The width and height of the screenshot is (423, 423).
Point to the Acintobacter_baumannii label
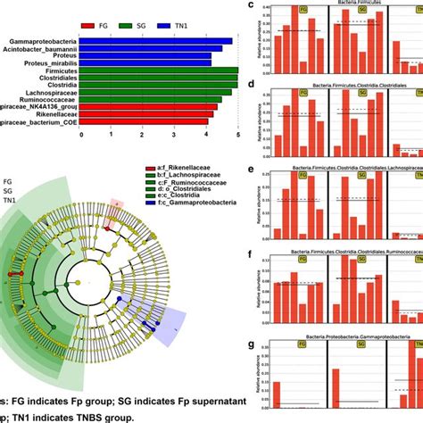tap(39, 50)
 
